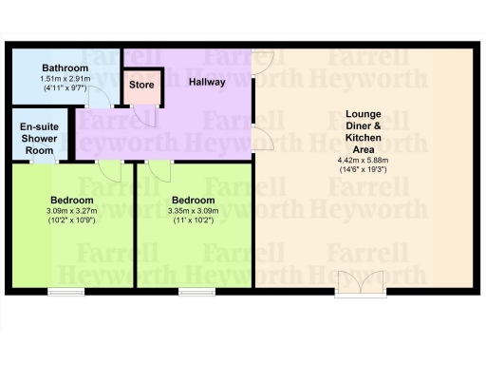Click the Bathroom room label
point(65,68)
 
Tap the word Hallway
point(207,82)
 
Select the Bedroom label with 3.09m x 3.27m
point(71,200)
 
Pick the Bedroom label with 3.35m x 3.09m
point(192,200)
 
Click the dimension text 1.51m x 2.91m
point(65,79)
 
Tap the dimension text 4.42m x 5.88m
point(363,161)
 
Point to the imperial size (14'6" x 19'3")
point(363,170)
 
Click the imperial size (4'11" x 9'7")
point(65,88)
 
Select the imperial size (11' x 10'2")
point(192,220)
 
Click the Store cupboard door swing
point(146,114)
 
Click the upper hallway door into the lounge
point(265,63)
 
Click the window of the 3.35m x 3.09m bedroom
point(196,290)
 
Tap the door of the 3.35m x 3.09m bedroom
point(159,171)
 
